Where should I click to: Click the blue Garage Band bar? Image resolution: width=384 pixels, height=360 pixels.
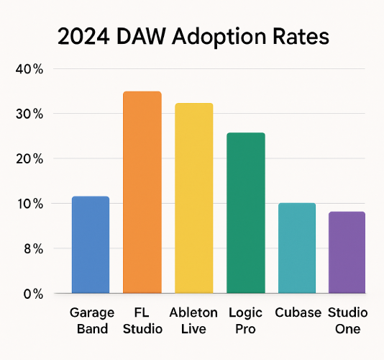pos(91,245)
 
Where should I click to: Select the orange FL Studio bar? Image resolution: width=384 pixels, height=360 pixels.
pos(142,192)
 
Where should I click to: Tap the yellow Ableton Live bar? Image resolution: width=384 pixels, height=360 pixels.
pos(194,198)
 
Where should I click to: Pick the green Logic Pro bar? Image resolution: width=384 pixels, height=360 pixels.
pos(246,213)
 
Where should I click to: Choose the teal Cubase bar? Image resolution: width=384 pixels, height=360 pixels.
pos(297,248)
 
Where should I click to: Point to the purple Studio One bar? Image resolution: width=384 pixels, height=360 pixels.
pos(347,252)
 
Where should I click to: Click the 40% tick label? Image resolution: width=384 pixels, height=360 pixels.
pos(29,69)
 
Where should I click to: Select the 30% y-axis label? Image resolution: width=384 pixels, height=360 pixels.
pos(29,114)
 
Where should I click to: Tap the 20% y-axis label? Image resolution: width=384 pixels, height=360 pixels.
pos(29,159)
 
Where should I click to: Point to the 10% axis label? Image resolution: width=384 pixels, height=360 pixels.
pos(30,204)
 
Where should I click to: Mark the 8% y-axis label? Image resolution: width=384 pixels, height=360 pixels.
pos(34,249)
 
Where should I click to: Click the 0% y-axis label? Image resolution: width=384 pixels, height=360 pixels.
pos(33,294)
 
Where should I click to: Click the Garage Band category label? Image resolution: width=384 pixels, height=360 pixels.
pos(92,320)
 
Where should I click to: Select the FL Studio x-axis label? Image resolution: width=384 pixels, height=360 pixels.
pos(142,320)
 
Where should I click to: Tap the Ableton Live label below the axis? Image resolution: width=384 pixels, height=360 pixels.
pos(193,320)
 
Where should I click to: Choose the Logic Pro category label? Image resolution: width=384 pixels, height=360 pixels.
pos(245,320)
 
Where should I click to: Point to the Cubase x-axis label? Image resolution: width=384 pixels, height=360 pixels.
pos(298,312)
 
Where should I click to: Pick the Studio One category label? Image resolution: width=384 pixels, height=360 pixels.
pos(348,320)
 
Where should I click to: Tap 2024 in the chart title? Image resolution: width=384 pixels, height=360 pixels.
pos(83,37)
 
